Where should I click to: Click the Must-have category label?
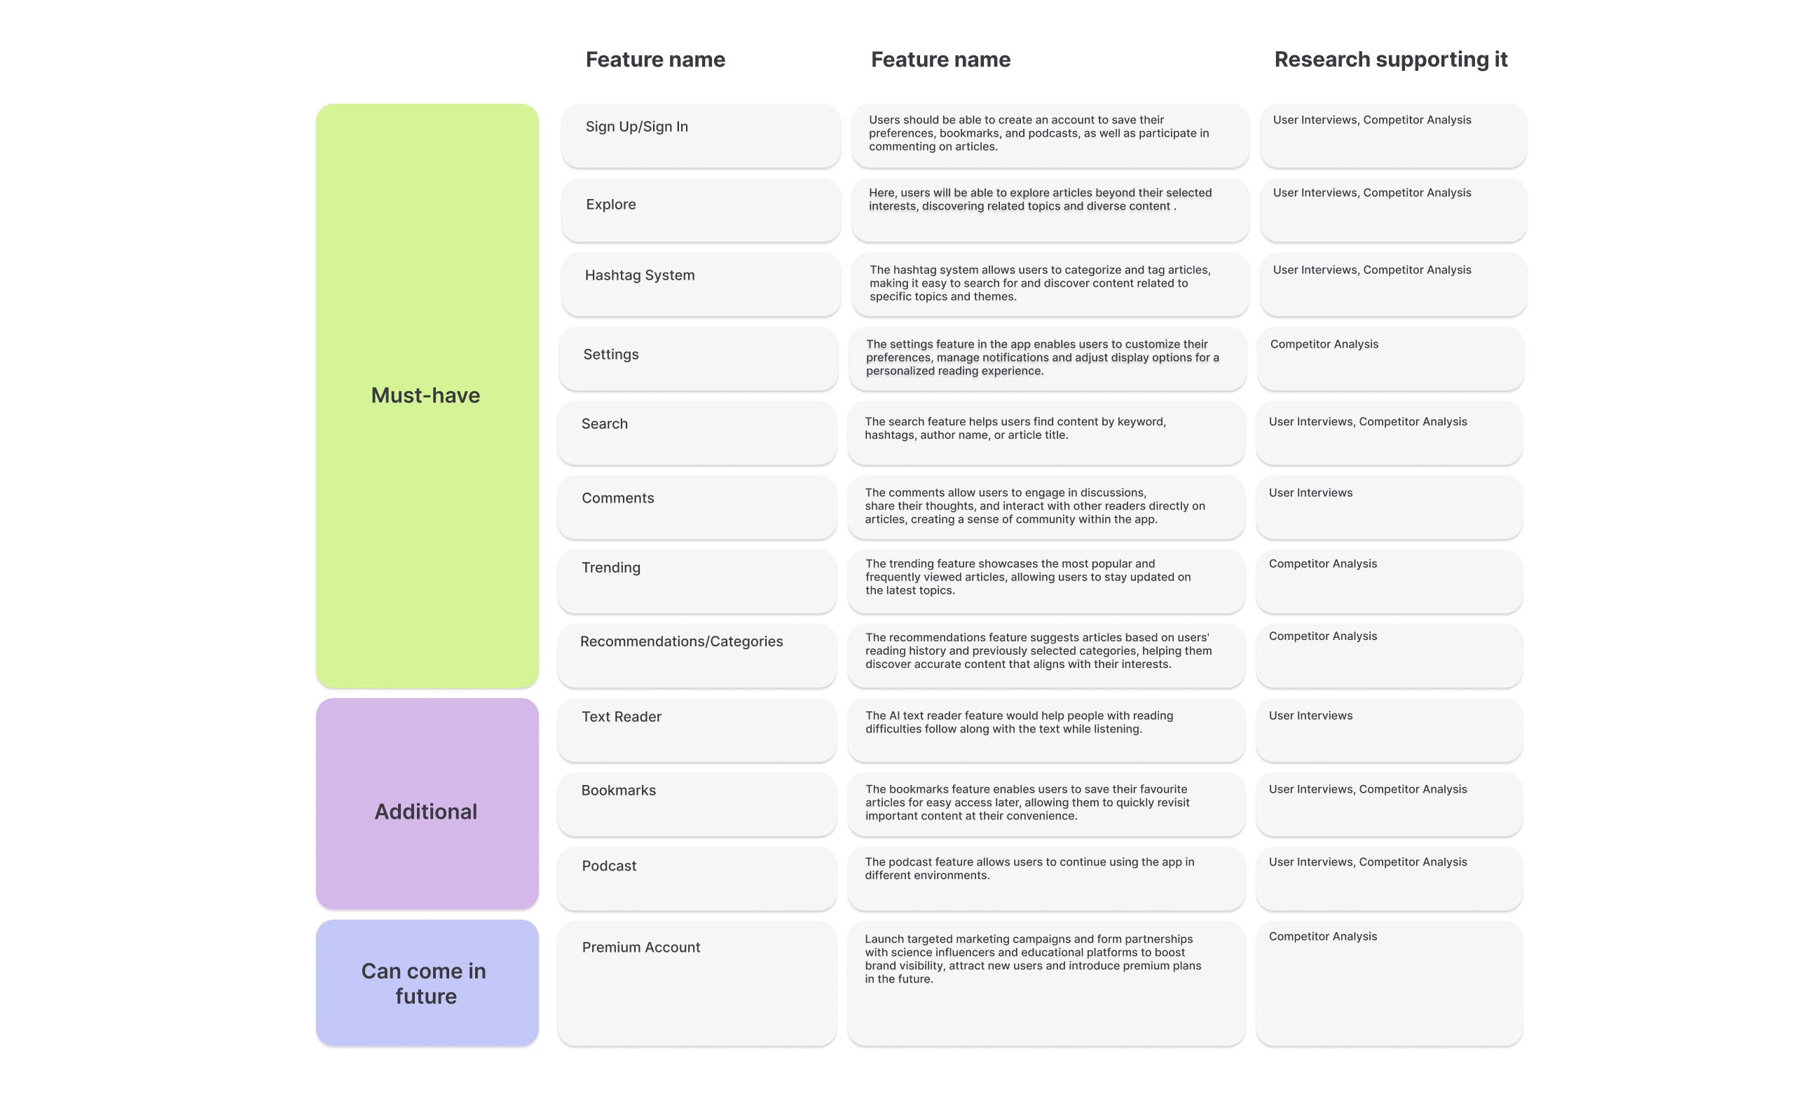coord(425,395)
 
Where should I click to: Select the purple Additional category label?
coord(425,812)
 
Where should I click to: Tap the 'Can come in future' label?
coord(425,983)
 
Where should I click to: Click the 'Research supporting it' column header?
coord(1390,60)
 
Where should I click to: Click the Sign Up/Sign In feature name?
coord(636,126)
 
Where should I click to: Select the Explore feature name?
coord(610,204)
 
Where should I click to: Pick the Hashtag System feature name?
coord(639,275)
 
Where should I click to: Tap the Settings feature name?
coord(610,354)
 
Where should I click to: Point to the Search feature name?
coord(604,424)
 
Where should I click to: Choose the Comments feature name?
coord(617,498)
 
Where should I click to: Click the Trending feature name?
coord(610,567)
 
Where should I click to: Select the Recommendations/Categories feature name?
coord(681,641)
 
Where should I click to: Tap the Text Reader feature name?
coord(621,716)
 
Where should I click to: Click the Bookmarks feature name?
coord(618,791)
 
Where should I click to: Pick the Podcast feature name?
coord(608,866)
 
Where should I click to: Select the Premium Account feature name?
coord(640,947)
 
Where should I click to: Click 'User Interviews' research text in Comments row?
coord(1310,493)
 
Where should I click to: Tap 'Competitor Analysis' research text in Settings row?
coord(1324,345)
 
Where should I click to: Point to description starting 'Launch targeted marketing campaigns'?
coord(1032,959)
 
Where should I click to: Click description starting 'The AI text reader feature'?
coord(1018,722)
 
